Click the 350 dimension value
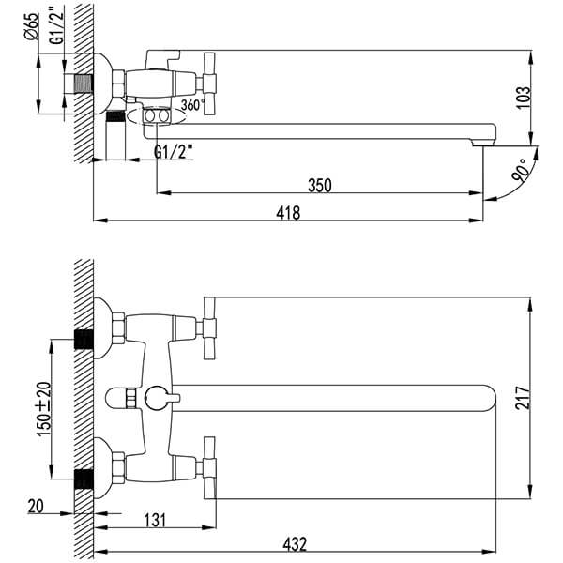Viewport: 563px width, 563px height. (320, 185)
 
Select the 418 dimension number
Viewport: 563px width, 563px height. (288, 213)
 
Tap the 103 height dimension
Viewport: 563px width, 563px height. (523, 98)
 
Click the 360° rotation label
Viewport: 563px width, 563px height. (193, 104)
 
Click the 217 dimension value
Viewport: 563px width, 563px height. (523, 398)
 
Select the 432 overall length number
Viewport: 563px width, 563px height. (295, 544)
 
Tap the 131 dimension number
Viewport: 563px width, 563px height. (155, 520)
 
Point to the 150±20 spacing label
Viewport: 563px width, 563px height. (44, 409)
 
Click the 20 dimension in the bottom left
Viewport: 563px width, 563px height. (36, 507)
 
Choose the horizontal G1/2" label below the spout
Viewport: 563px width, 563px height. (174, 151)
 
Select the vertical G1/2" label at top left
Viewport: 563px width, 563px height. (56, 26)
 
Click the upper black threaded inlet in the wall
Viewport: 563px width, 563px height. (84, 340)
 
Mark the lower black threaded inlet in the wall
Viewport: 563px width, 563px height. (84, 479)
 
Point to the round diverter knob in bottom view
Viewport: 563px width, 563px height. (157, 398)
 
